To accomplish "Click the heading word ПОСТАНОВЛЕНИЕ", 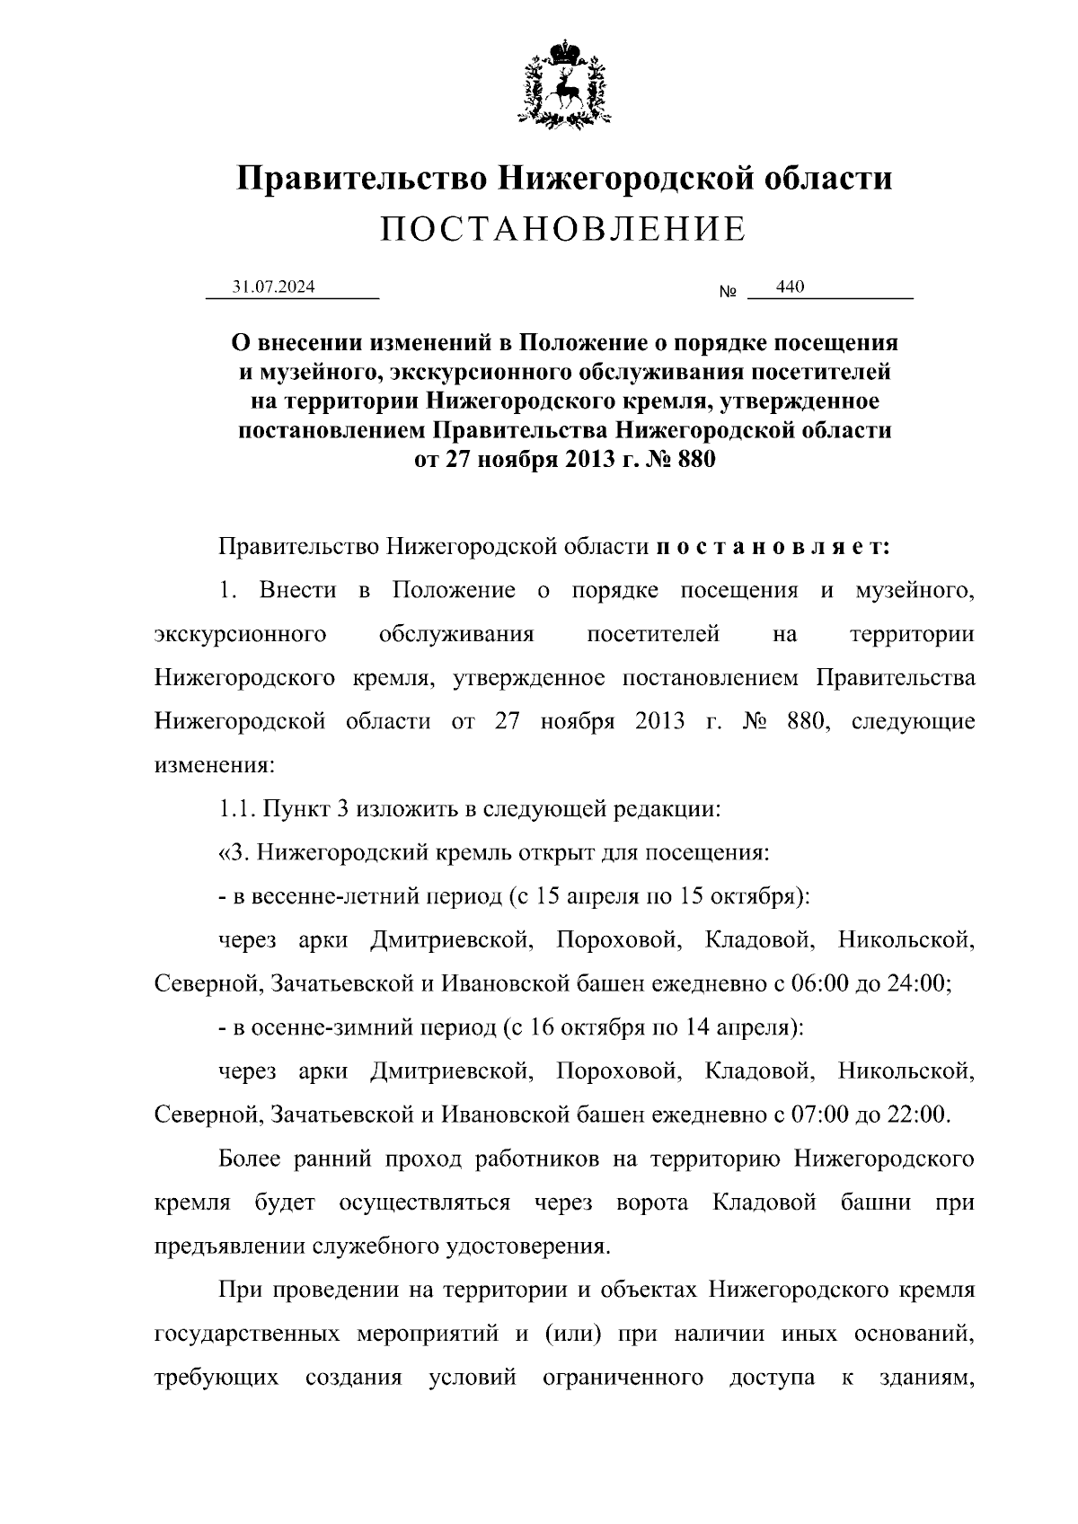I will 563,230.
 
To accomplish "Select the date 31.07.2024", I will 273,286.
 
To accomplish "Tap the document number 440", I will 790,286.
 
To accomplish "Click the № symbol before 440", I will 728,293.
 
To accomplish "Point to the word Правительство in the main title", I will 362,178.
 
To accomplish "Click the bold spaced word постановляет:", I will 773,546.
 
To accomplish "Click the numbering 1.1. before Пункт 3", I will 238,808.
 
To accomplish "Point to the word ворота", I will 653,1202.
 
